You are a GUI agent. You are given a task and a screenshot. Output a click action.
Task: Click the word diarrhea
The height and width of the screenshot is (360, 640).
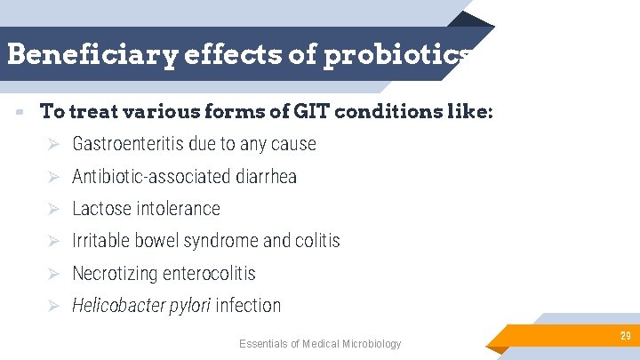[x=266, y=177]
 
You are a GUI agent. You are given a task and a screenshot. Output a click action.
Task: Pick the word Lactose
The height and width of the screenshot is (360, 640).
[x=100, y=209]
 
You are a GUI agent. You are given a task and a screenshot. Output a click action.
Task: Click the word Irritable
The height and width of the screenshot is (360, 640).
[x=100, y=241]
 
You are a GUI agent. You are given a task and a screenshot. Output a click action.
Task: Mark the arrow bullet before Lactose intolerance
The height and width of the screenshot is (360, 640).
[x=53, y=209]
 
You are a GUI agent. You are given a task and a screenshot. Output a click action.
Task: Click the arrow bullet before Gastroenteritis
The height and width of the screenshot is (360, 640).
[x=53, y=144]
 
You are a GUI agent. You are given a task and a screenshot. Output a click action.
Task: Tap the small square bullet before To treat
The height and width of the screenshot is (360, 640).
[x=18, y=113]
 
